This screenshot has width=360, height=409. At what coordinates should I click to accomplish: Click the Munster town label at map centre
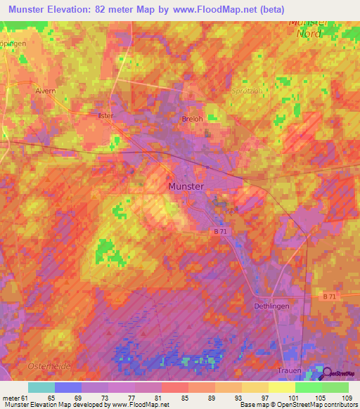[186, 186]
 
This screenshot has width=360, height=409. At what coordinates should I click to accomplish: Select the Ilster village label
[105, 115]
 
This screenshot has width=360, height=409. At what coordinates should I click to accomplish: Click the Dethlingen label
[271, 306]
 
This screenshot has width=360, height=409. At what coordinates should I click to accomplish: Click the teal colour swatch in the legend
[41, 387]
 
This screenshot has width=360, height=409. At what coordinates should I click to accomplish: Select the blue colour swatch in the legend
[68, 387]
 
